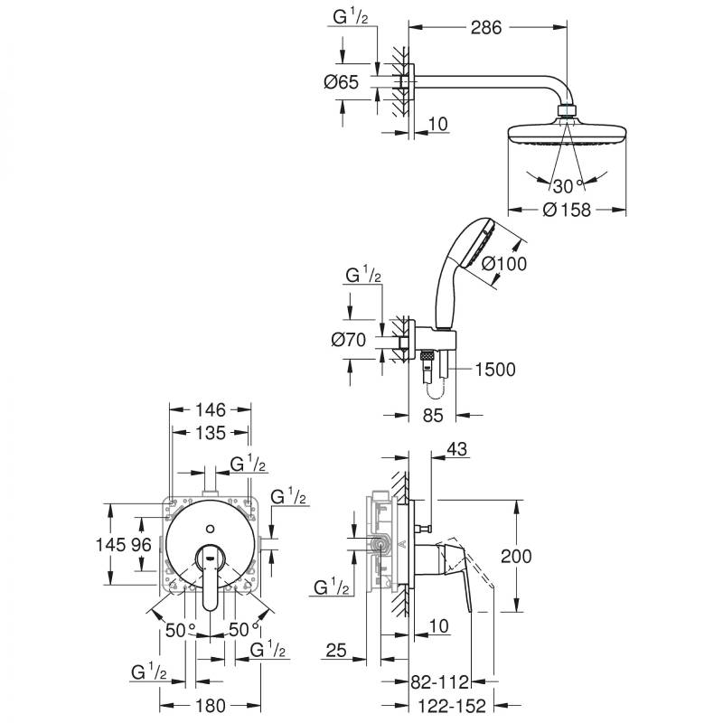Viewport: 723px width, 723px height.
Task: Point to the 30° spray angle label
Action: [565, 187]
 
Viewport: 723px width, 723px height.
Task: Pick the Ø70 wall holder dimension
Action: [348, 341]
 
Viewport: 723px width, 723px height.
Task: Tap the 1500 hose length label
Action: [495, 369]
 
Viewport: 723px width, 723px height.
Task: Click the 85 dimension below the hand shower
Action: [434, 417]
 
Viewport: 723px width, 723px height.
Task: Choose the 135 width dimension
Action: [209, 433]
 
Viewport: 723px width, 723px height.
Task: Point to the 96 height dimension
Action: [141, 545]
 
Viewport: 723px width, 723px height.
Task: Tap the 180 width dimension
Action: [210, 704]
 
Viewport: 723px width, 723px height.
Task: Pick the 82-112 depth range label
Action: [442, 679]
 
